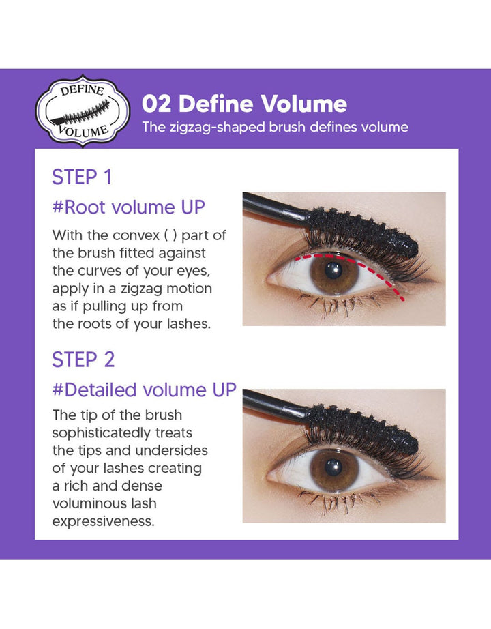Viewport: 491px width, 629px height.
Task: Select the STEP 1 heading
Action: tap(82, 177)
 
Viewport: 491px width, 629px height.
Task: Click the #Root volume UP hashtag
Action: tap(128, 207)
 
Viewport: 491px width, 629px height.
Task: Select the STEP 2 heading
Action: tap(83, 360)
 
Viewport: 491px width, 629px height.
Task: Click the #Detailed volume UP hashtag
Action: tap(144, 390)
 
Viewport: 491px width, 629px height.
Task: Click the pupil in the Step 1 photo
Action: tap(333, 271)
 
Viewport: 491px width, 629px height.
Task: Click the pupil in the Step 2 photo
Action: tap(333, 467)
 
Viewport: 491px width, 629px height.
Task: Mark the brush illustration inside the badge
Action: tap(82, 110)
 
